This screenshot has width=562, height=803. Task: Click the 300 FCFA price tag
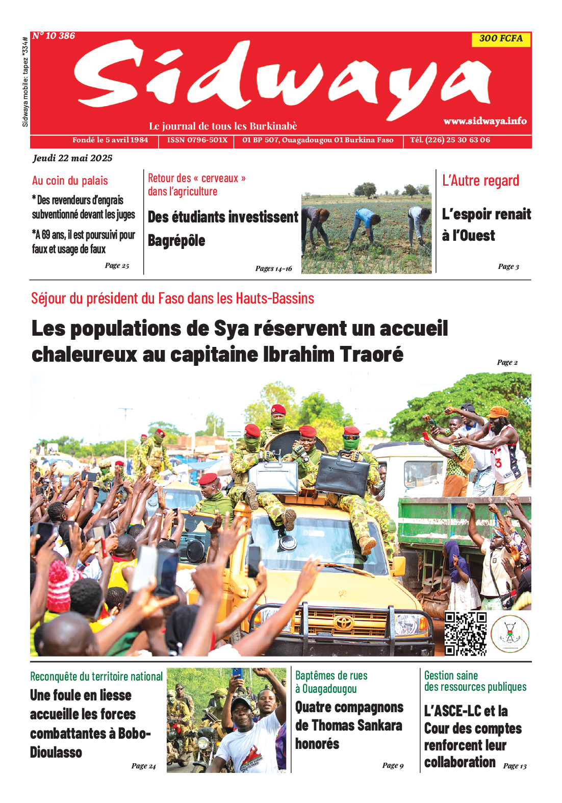pos(501,39)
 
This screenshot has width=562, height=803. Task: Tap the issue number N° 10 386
pos(54,36)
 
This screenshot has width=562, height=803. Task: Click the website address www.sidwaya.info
pos(484,121)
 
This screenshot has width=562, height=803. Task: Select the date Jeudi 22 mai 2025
pos(72,158)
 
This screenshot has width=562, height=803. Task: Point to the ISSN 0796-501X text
pos(197,140)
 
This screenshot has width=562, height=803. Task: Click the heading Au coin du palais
pos(70,181)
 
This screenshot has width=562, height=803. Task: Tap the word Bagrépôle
pos(176,241)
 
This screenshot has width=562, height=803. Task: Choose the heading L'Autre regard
pos(480,181)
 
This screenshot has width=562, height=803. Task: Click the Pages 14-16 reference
pos(273,268)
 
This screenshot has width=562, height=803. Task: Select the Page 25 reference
pos(117,265)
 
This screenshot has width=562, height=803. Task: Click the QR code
pos(465,633)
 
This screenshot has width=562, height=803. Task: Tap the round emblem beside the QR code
pos(510,634)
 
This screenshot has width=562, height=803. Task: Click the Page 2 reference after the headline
pos(507,362)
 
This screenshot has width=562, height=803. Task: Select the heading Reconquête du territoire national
pos(96,676)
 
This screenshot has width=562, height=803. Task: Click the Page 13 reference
pos(515,766)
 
